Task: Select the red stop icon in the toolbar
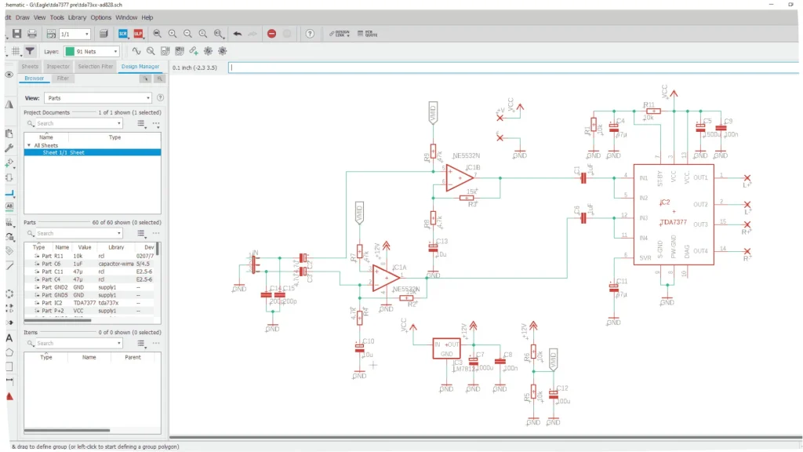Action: [x=271, y=34]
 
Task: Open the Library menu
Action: [x=77, y=17]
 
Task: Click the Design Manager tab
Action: [x=140, y=67]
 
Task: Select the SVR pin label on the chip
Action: [x=645, y=257]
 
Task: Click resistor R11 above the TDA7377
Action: [x=651, y=111]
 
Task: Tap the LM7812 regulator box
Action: [x=446, y=348]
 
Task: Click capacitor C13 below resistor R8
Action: [x=432, y=248]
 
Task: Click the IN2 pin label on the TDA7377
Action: [x=644, y=197]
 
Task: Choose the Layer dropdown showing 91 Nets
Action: [x=92, y=51]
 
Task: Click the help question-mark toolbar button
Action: [x=311, y=34]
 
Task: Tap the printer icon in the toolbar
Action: [x=32, y=34]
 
